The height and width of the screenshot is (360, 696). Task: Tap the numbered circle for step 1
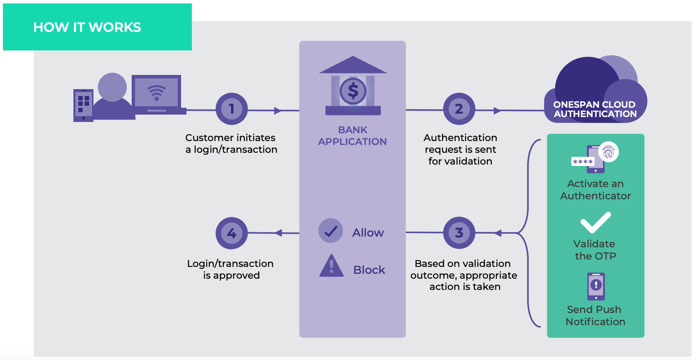coord(232,109)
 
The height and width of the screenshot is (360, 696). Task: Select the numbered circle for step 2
coord(459,109)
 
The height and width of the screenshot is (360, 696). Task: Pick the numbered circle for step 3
coord(459,233)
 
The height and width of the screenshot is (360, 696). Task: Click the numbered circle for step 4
coord(232,233)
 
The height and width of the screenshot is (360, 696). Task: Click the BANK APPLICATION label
coord(352,136)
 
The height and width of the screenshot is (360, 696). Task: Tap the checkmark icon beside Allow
coord(331,231)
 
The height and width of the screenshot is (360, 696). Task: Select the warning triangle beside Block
coord(331,266)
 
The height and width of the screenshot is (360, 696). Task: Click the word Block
coord(369,270)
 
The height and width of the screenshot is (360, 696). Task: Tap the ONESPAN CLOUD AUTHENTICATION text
coord(595,109)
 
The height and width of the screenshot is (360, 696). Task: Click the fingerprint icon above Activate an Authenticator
coord(608,152)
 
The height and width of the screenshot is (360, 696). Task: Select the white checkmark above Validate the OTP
coord(595,223)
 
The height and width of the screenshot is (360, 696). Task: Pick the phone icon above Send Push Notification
coord(596,287)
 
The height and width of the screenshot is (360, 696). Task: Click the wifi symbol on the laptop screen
coord(157,92)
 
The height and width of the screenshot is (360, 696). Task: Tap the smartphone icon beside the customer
coord(83,105)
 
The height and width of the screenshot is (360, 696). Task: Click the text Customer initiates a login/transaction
coord(231,144)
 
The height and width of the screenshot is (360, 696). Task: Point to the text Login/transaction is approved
coord(231,269)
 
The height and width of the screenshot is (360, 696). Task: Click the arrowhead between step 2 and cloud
coord(497,111)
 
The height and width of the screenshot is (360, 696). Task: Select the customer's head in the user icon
coord(112,87)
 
